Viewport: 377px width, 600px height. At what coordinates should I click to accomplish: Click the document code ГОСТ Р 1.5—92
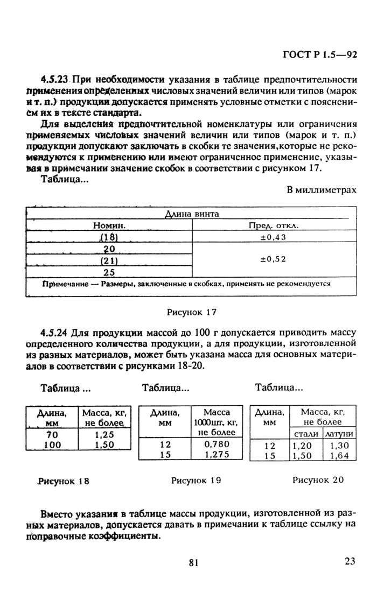(320, 54)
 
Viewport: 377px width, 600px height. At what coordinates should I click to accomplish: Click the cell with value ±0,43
(273, 236)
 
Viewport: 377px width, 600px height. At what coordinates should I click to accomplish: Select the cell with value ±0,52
(273, 259)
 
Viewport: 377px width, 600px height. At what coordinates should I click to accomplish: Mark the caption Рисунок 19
(196, 480)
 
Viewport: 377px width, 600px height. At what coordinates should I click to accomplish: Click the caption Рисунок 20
(318, 479)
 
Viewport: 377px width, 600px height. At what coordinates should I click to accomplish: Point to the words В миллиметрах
(322, 189)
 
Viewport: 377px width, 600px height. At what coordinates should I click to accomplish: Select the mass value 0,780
(217, 444)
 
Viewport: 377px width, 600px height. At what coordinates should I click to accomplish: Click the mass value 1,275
(217, 454)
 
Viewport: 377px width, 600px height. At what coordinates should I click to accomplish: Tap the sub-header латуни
(338, 434)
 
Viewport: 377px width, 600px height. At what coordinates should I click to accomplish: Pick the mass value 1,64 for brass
(339, 455)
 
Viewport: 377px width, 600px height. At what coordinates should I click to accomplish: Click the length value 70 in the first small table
(52, 435)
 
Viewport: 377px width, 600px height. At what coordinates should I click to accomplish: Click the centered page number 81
(194, 563)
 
